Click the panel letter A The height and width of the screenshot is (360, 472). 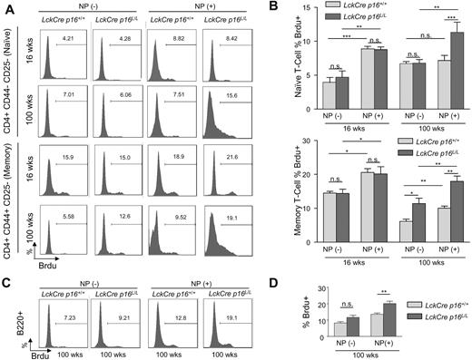(6, 7)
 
